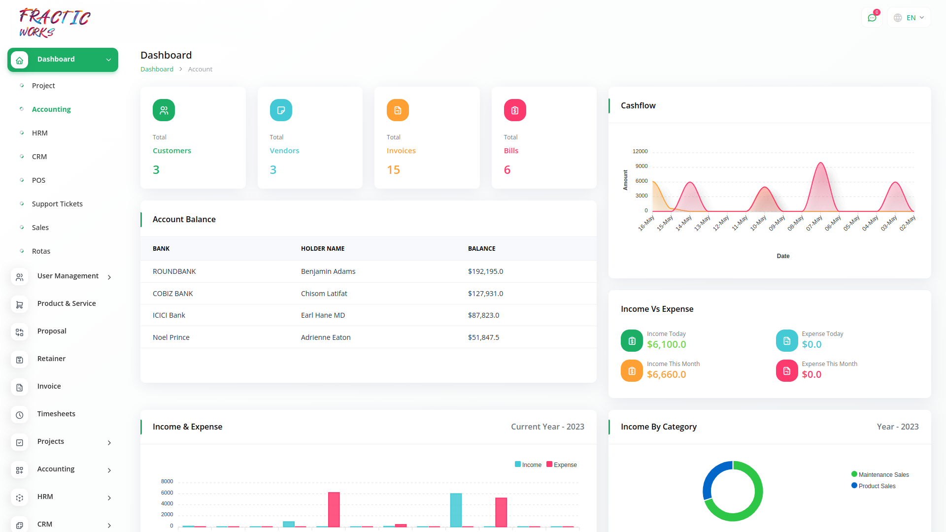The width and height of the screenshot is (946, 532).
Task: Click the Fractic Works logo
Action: (x=54, y=23)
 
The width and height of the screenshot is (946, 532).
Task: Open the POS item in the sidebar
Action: (x=38, y=180)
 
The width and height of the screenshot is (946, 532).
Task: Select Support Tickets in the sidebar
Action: (x=57, y=204)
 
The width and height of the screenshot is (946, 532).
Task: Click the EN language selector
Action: (x=910, y=18)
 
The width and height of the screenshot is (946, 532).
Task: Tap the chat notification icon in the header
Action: (x=872, y=18)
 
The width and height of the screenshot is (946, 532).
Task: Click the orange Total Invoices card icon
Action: (x=398, y=110)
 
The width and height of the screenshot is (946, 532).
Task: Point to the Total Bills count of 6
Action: (x=507, y=170)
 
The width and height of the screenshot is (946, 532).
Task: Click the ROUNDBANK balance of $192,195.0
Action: (x=485, y=271)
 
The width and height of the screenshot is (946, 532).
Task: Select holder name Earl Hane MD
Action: (x=323, y=315)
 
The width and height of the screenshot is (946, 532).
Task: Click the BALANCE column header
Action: (x=481, y=249)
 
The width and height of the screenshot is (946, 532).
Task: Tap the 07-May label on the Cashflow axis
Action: (x=814, y=223)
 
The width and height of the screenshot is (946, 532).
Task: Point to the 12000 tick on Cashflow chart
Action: (x=640, y=151)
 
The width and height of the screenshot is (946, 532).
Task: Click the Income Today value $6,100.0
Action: (x=666, y=345)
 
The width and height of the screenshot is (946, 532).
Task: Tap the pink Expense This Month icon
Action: (x=787, y=371)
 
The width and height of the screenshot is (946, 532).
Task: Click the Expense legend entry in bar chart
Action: (x=562, y=465)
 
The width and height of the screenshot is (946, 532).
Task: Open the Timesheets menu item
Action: (x=56, y=414)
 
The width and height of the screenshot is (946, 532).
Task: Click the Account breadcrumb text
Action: (x=200, y=69)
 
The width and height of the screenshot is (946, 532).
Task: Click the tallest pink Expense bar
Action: (x=334, y=510)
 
